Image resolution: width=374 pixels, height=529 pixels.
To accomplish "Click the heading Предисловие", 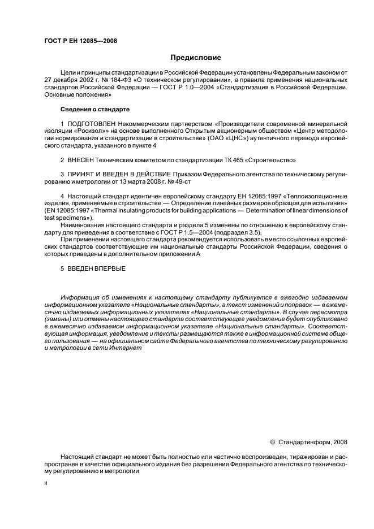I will [x=196, y=58].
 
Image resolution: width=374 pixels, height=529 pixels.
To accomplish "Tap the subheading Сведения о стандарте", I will [x=95, y=109].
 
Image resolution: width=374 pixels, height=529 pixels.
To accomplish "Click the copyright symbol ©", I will [x=272, y=442].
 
